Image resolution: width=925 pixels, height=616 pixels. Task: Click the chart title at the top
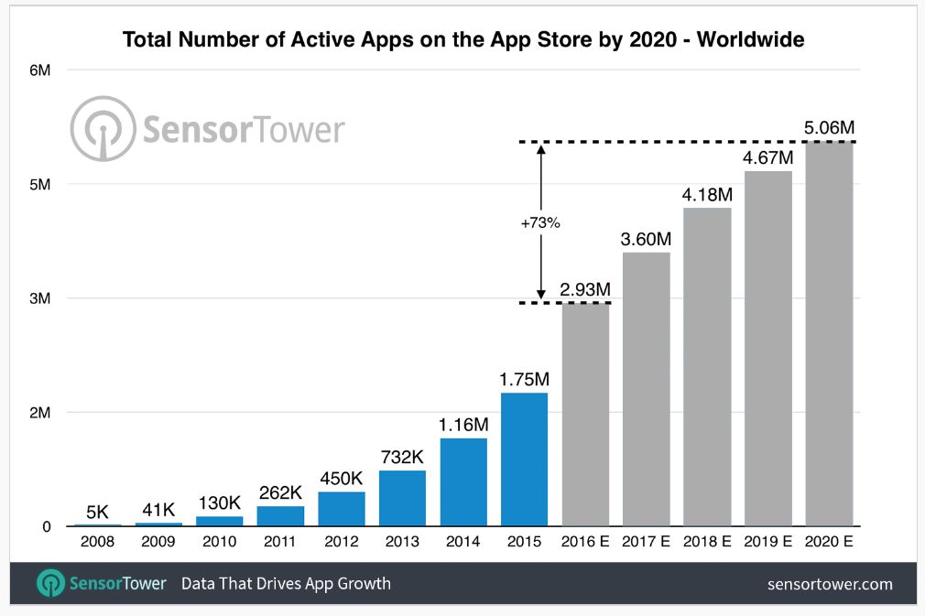click(x=463, y=40)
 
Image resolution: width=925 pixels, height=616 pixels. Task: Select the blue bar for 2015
click(x=524, y=459)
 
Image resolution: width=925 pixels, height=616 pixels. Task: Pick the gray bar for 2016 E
click(x=585, y=415)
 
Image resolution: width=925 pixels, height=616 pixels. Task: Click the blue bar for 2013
click(x=402, y=498)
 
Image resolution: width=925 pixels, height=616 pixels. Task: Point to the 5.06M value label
click(x=829, y=128)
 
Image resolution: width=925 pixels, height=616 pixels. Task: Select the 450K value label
click(x=342, y=479)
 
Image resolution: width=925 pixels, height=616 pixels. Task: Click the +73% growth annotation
click(x=541, y=223)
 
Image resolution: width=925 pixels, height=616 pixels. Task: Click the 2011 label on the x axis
click(x=280, y=541)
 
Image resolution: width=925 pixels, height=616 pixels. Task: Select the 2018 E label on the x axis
click(x=707, y=541)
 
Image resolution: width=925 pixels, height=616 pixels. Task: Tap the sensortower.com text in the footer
click(x=830, y=584)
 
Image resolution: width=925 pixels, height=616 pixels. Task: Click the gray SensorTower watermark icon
click(x=102, y=128)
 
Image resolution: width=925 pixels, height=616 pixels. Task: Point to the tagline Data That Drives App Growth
click(x=286, y=584)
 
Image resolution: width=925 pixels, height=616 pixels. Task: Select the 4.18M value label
click(x=707, y=195)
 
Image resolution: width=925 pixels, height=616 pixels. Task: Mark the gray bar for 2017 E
click(x=646, y=389)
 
